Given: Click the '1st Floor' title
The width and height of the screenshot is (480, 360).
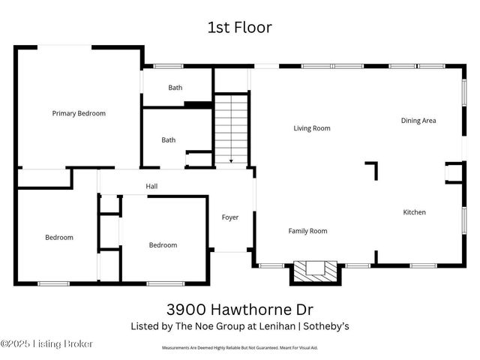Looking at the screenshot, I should [x=239, y=28].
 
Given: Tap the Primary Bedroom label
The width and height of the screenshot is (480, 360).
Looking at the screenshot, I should [x=79, y=114].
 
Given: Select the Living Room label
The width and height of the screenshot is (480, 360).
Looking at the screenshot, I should [x=311, y=128].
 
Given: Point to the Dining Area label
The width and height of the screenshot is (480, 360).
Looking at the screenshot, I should [x=418, y=121].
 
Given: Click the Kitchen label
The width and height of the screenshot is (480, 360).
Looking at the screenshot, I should [x=414, y=212].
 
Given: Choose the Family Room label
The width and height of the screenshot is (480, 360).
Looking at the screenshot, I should [x=307, y=231].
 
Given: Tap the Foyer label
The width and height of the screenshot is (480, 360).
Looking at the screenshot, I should [x=229, y=217].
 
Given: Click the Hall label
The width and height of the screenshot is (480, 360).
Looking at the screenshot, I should [x=151, y=185].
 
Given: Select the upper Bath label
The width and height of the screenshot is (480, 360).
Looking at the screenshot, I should [x=175, y=88].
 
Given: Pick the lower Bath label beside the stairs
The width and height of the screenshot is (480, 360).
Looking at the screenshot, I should [x=169, y=139].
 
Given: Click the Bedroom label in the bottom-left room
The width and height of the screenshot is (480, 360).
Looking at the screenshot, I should [x=59, y=238].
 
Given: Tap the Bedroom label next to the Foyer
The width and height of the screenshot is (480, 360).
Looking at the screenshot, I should [x=163, y=245].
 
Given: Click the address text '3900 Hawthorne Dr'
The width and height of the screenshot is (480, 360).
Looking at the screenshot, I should [x=239, y=309].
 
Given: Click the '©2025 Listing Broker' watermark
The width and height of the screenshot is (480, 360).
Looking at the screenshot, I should [x=46, y=344].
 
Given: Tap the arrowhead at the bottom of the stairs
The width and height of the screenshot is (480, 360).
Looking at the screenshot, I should [x=231, y=160].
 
